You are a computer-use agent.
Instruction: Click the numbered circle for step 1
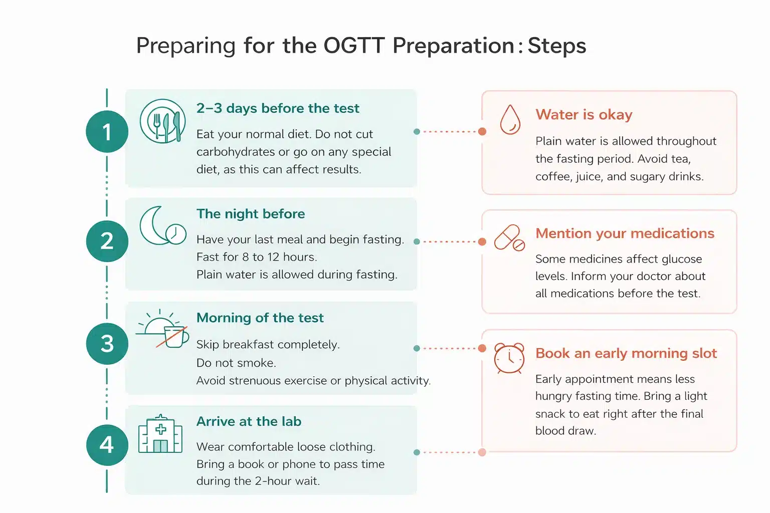tap(107, 132)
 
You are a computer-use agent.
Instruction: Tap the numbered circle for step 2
tap(107, 241)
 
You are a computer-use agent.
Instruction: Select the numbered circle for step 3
tap(107, 344)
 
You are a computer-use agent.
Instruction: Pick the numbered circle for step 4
tap(107, 445)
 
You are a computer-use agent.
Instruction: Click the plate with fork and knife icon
tap(163, 121)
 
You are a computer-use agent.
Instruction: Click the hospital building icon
tap(160, 434)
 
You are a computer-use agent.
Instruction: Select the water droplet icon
tap(510, 120)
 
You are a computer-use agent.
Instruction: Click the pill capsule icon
tap(509, 238)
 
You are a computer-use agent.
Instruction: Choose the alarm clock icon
tap(509, 358)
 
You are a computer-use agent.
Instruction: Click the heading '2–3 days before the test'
tap(278, 108)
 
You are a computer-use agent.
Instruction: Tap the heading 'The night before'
tap(251, 214)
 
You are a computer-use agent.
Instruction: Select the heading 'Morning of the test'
tap(260, 318)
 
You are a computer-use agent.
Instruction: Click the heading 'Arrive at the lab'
tap(249, 421)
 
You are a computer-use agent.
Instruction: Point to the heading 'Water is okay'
tap(584, 115)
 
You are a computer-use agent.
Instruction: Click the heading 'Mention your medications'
tap(625, 233)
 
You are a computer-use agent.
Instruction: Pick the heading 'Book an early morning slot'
tap(626, 353)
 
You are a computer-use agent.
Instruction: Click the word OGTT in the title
tap(353, 46)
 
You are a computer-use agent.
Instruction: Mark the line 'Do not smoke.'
tap(236, 363)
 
